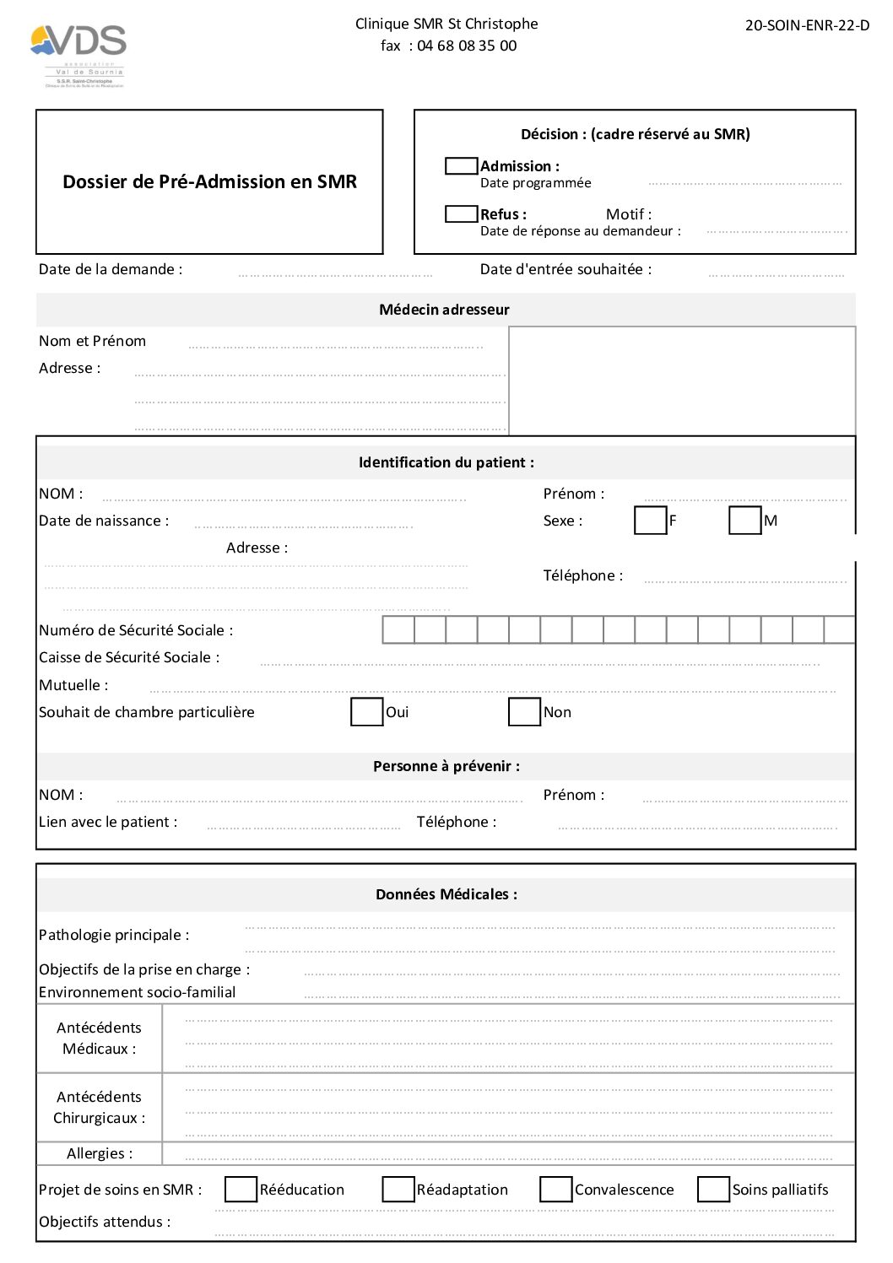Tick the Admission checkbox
pyautogui.click(x=461, y=166)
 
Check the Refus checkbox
pyautogui.click(x=461, y=214)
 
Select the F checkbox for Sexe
pyautogui.click(x=650, y=521)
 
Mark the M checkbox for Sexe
pyautogui.click(x=744, y=521)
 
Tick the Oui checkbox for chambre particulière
pyautogui.click(x=366, y=712)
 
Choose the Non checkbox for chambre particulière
pyautogui.click(x=524, y=712)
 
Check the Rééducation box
pyautogui.click(x=241, y=1190)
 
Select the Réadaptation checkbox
pyautogui.click(x=398, y=1190)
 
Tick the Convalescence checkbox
pyautogui.click(x=555, y=1190)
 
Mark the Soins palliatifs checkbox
pyautogui.click(x=713, y=1190)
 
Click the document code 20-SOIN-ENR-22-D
pyautogui.click(x=807, y=25)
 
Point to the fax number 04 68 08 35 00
pyautogui.click(x=467, y=46)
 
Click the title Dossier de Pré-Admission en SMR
pyautogui.click(x=209, y=182)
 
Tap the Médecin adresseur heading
pyautogui.click(x=445, y=310)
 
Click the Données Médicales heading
pyautogui.click(x=446, y=894)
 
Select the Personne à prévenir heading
pyautogui.click(x=446, y=766)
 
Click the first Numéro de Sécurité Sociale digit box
pyautogui.click(x=398, y=630)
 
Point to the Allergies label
pyautogui.click(x=100, y=1153)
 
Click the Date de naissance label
pyautogui.click(x=104, y=521)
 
